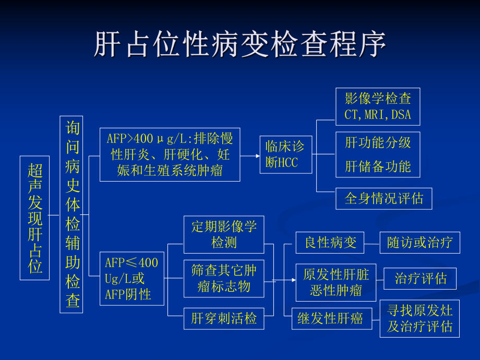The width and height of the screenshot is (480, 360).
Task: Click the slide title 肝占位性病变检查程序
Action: (x=240, y=44)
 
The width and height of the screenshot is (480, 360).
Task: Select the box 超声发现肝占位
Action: (x=35, y=218)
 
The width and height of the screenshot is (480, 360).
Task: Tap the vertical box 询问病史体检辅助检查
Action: (x=72, y=214)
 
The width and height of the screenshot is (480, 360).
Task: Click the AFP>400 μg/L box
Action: (x=170, y=154)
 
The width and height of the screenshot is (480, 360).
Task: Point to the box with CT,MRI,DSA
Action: (x=378, y=106)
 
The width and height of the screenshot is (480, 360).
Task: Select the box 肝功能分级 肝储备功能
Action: (x=378, y=154)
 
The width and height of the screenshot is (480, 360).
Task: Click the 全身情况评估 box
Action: (x=383, y=199)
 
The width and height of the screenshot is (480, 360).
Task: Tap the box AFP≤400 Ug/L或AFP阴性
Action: (x=131, y=279)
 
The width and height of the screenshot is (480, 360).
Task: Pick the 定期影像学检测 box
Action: (x=224, y=235)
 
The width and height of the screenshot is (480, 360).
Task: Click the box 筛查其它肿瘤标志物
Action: (x=224, y=279)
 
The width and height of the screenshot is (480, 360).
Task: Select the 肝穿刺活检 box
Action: (x=224, y=318)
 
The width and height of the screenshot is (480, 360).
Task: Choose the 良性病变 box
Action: (x=330, y=243)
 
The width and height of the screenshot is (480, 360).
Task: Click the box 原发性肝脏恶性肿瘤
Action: (x=335, y=282)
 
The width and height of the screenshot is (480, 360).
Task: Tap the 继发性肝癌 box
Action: (x=331, y=318)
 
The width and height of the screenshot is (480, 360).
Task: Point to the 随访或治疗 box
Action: (x=419, y=243)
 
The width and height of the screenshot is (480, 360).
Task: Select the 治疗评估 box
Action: (x=419, y=279)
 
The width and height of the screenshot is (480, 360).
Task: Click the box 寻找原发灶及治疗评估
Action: (x=419, y=318)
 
